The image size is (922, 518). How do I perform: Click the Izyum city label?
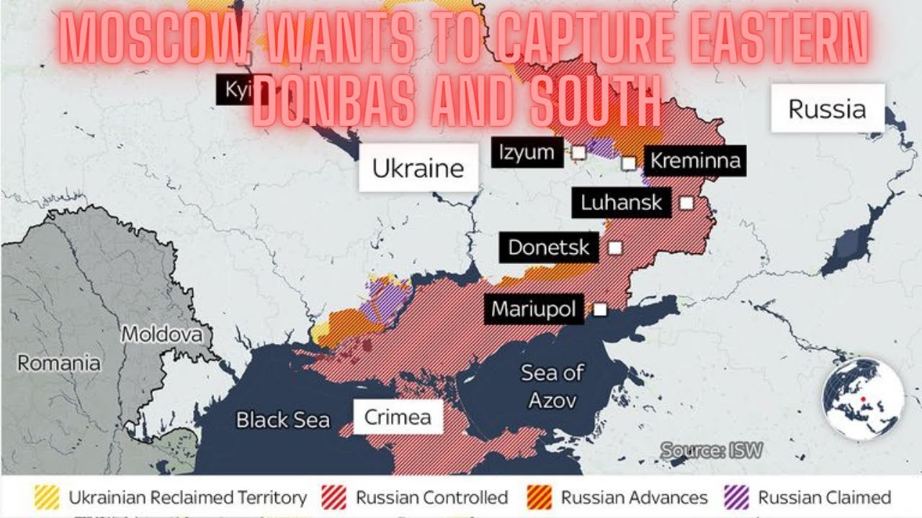pyautogui.click(x=527, y=153)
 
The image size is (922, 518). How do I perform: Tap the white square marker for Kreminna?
pyautogui.click(x=629, y=163)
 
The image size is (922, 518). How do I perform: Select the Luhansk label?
pyautogui.click(x=622, y=203)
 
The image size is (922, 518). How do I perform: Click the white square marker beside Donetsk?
pyautogui.click(x=615, y=248)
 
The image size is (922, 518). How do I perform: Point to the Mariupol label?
pyautogui.click(x=534, y=309)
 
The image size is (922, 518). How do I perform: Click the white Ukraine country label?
pyautogui.click(x=418, y=168)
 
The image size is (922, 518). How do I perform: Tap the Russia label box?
pyautogui.click(x=827, y=109)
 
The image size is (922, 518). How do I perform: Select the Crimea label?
pyautogui.click(x=398, y=417)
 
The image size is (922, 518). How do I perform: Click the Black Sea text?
pyautogui.click(x=283, y=420)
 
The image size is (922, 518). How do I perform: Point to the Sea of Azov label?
pyautogui.click(x=552, y=386)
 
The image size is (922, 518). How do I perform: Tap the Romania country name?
pyautogui.click(x=59, y=363)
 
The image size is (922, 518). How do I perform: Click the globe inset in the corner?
pyautogui.click(x=863, y=399)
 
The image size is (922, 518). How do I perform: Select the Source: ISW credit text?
pyautogui.click(x=712, y=451)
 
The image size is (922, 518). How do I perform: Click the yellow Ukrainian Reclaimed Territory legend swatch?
pyautogui.click(x=47, y=497)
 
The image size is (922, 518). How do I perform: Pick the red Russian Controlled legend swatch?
pyautogui.click(x=335, y=497)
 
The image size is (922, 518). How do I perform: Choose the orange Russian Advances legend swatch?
pyautogui.click(x=540, y=497)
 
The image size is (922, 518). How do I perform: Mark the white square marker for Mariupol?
pyautogui.click(x=599, y=310)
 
